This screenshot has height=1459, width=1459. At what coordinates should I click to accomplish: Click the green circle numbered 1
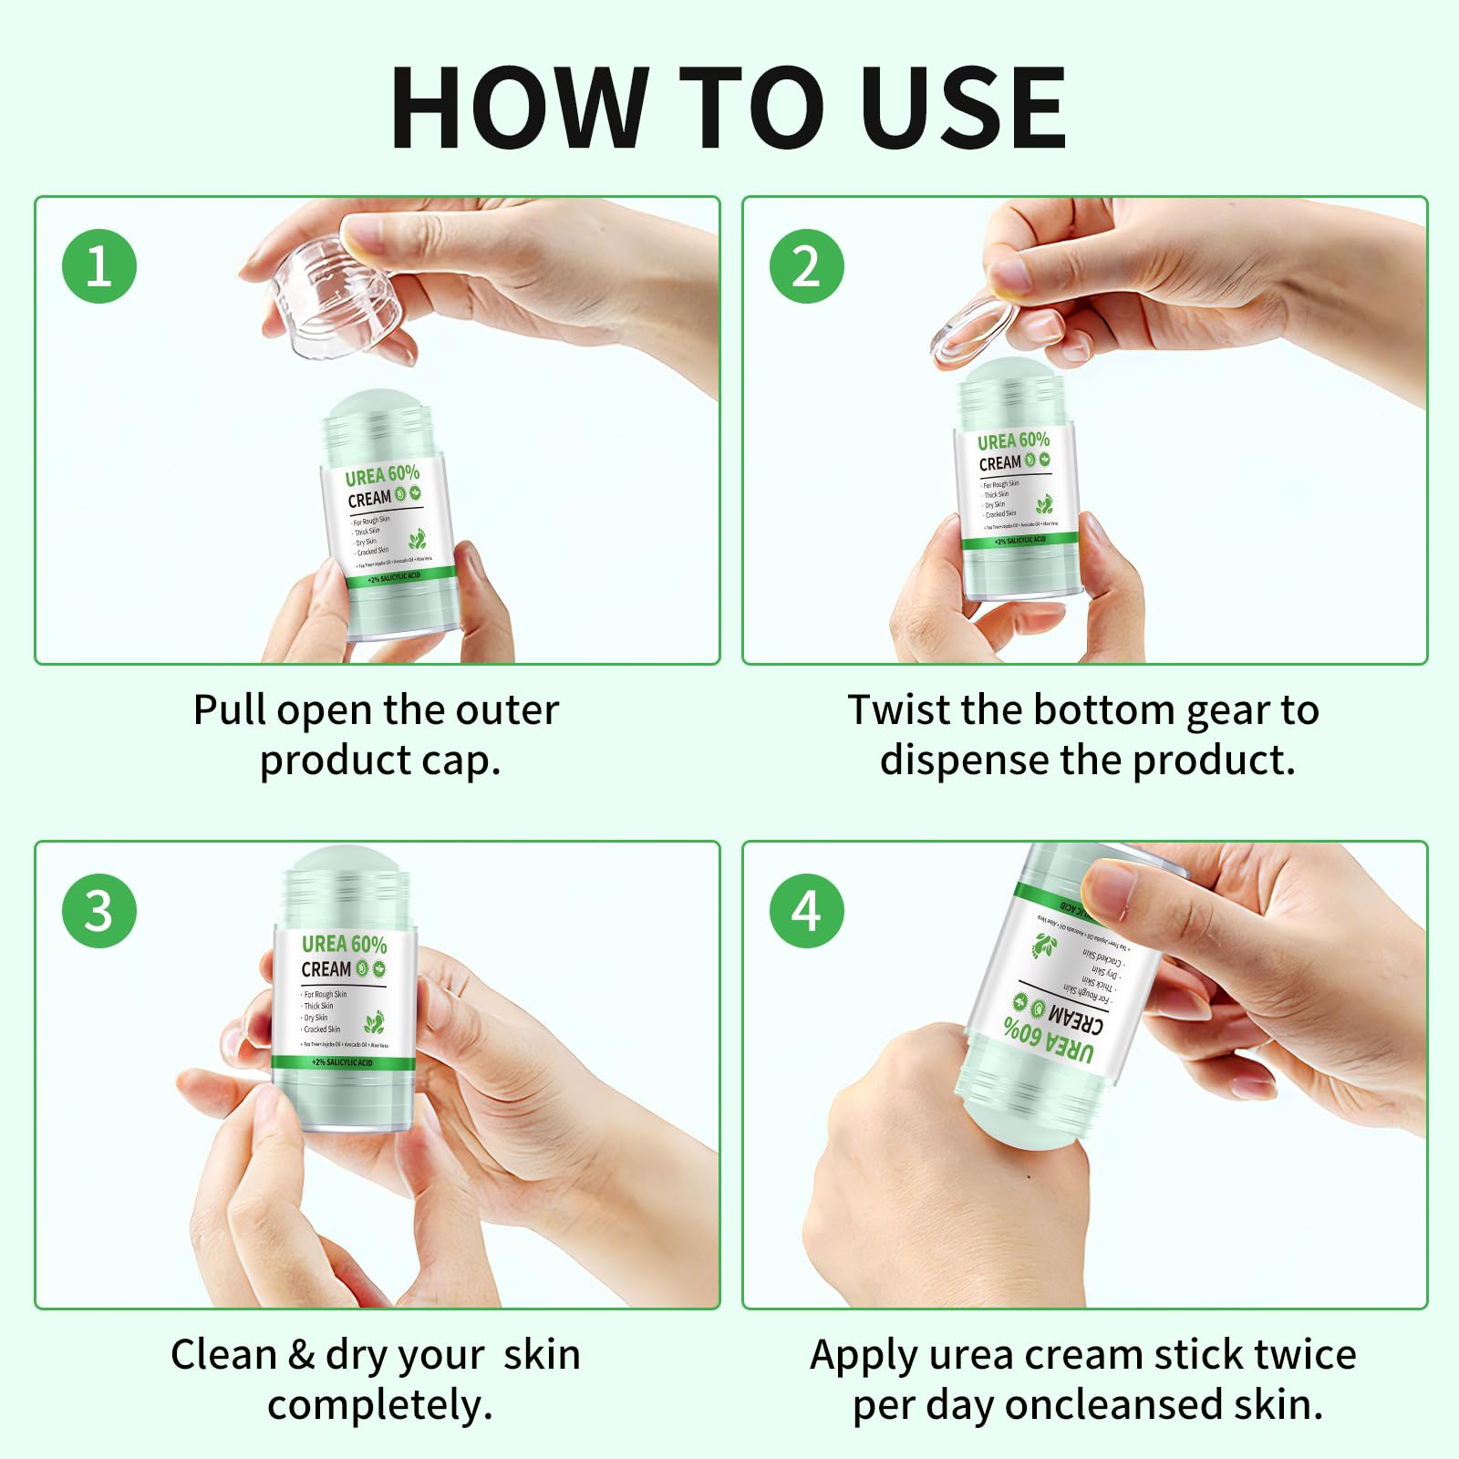click(99, 266)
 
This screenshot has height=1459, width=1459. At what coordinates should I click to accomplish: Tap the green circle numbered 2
click(807, 266)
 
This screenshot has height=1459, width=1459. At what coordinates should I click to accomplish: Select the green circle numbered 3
click(99, 910)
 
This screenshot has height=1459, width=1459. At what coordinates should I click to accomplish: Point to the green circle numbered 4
click(807, 910)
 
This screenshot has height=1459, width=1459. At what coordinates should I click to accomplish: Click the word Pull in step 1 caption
click(230, 710)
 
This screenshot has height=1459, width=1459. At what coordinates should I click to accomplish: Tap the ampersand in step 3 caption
click(301, 1355)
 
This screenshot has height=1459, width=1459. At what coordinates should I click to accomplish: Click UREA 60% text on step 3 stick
click(344, 944)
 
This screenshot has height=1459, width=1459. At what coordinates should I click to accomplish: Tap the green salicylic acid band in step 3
click(344, 1062)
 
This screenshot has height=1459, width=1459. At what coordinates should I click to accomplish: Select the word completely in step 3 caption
click(379, 1405)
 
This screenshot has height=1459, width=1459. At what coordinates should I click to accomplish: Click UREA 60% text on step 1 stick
click(382, 475)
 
